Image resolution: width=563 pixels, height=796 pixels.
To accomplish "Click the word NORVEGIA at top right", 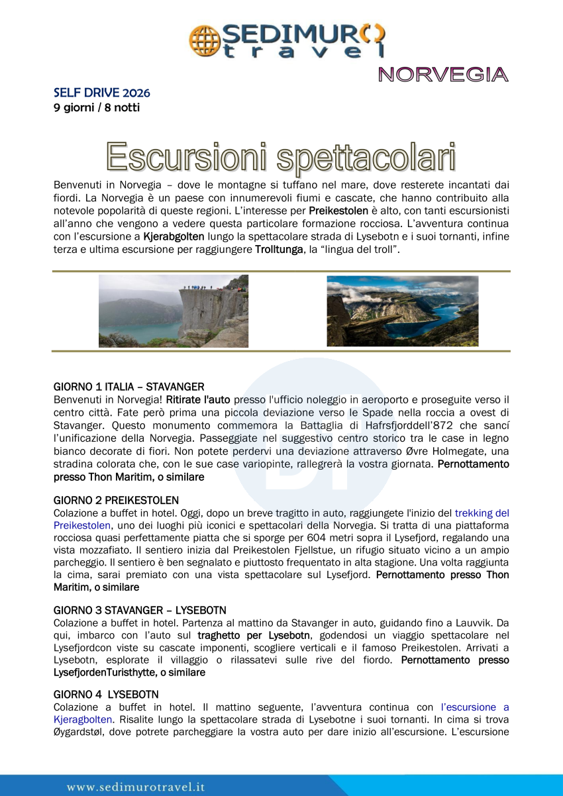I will pos(443,75).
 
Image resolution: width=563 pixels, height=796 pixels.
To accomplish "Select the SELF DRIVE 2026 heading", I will pos(101,93).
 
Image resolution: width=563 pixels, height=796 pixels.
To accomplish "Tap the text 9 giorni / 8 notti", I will pos(97,107).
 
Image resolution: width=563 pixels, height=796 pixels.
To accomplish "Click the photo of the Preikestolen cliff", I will pos(174,311).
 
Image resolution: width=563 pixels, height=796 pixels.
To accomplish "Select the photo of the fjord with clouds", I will pos(402,311).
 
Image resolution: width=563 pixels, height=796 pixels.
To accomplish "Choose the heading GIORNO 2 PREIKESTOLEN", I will pos(116,501).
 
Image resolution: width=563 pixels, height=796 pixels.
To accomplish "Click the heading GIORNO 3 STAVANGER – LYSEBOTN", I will pos(140,610).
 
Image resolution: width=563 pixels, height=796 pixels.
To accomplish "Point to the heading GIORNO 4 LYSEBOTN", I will pos(106,695).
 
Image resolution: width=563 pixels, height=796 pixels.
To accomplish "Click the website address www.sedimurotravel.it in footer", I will pos(136,787).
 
